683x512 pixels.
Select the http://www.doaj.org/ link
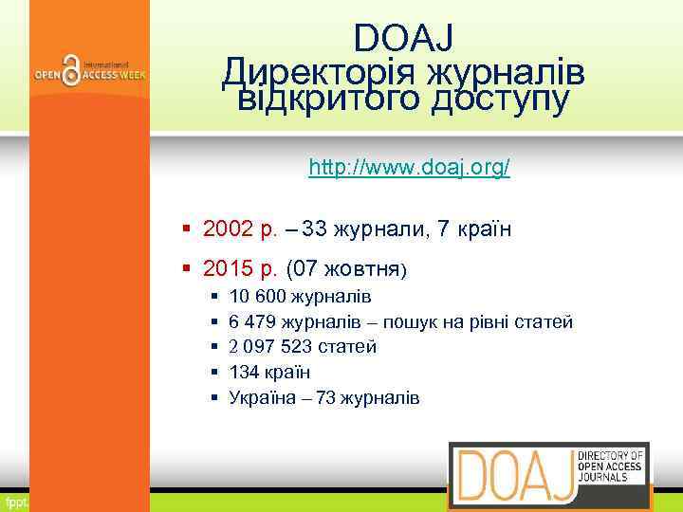[410, 168]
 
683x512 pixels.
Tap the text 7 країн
[472, 229]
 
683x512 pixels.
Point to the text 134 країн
[269, 372]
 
